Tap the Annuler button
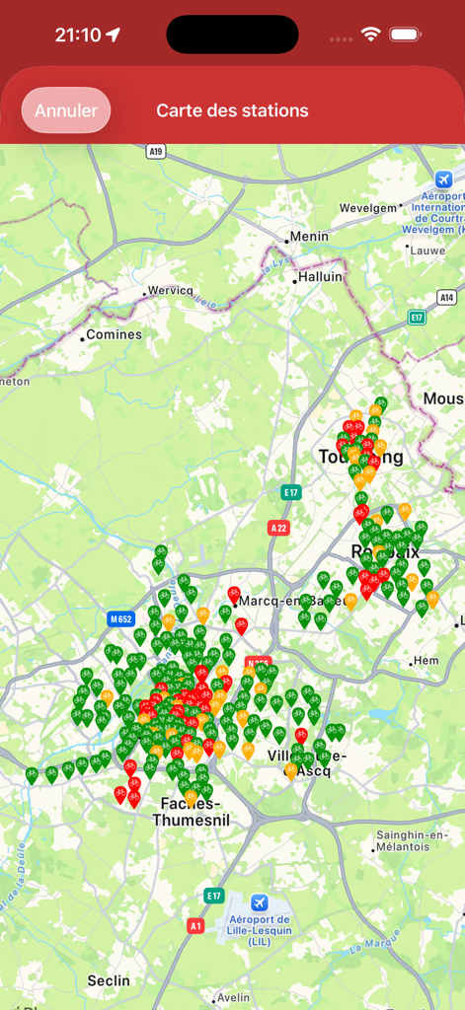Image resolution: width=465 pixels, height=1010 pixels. pos(66,110)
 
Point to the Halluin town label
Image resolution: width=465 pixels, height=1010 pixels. pos(319,278)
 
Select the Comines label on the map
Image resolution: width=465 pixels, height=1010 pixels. pos(114,334)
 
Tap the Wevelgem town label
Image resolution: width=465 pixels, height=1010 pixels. pos(367,208)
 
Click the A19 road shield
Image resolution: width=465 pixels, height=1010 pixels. pos(154,151)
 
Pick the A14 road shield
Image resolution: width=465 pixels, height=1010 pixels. pos(446,296)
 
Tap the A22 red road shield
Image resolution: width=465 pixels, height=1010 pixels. pos(279,528)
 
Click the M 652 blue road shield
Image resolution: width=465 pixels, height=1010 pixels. pos(120,619)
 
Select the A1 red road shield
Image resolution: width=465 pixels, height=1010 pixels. pos(195,925)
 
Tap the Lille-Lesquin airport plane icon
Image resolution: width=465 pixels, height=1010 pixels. pos(259,902)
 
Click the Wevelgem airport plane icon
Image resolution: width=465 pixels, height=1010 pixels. pos(443,180)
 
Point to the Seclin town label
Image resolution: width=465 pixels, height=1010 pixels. pos(109,979)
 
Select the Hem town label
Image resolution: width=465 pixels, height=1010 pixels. pos(426,660)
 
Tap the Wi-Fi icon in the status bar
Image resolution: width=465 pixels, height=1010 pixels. pos(371,35)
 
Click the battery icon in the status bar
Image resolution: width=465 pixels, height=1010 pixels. pos(405,35)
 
